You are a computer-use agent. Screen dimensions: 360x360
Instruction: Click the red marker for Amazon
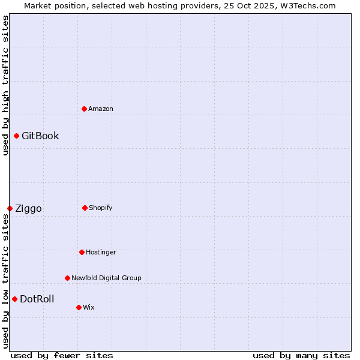point(84,109)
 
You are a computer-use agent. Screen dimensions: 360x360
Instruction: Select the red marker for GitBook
point(16,136)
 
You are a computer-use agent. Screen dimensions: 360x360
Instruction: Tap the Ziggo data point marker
point(10,208)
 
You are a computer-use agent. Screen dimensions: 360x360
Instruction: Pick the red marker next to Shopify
point(85,208)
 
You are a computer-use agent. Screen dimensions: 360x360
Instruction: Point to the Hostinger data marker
point(82,252)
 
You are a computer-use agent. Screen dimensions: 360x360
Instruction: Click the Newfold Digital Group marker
point(67,278)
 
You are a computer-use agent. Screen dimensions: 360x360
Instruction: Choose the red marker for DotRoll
point(14,299)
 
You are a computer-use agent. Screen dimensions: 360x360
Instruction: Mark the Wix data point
point(79,307)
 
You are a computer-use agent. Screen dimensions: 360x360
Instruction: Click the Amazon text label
point(101,109)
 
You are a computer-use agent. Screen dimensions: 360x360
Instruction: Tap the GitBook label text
point(40,136)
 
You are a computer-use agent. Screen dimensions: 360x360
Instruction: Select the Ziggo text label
point(28,208)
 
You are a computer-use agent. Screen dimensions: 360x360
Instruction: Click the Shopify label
point(101,208)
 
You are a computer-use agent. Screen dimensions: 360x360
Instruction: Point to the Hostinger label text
point(101,252)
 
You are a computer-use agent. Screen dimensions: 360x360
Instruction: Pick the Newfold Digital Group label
point(106,278)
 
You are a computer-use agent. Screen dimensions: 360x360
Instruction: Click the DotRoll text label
point(37,299)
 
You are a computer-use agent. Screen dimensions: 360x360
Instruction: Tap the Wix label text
point(89,307)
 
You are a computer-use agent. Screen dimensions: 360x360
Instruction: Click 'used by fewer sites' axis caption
point(62,355)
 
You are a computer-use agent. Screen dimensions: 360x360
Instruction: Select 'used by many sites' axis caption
point(301,355)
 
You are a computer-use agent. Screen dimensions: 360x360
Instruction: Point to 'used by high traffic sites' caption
point(5,85)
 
